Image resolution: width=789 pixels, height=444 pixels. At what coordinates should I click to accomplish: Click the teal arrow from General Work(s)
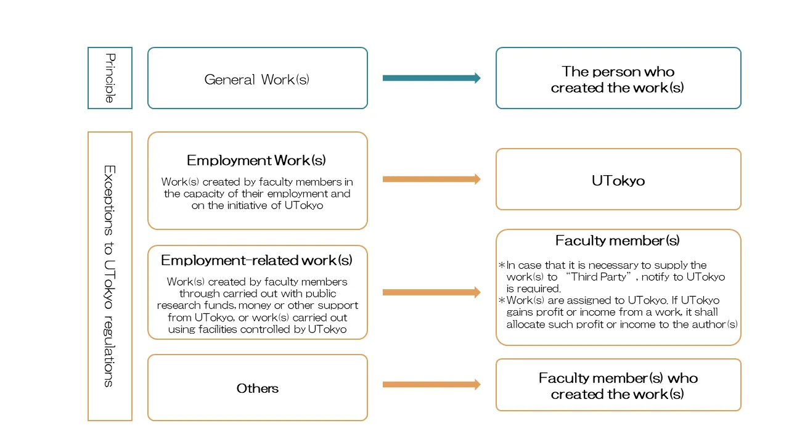[431, 78]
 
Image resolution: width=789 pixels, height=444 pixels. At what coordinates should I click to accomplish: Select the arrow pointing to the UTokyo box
[431, 179]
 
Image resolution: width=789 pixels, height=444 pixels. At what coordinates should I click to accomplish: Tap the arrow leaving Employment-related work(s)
[431, 292]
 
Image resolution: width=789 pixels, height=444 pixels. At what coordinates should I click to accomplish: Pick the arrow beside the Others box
[431, 385]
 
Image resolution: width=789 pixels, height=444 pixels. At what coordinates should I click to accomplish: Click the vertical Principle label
[110, 78]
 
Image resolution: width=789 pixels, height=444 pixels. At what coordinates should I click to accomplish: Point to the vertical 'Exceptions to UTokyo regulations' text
[109, 276]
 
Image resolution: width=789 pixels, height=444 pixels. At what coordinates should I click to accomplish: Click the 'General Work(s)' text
[257, 80]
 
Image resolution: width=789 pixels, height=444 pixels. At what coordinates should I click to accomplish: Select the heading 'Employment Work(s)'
[256, 160]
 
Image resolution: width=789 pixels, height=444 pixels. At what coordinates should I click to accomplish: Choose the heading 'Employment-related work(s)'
[256, 260]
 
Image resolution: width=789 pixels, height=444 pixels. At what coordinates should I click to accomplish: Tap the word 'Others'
[257, 388]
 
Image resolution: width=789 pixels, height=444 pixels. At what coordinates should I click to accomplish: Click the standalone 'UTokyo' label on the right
[618, 181]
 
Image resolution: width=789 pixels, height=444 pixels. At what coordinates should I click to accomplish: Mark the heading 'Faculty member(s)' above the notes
[617, 240]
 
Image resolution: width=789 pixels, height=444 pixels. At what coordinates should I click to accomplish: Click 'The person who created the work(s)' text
[618, 80]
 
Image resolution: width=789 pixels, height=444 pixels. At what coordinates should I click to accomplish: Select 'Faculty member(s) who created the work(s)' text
[618, 386]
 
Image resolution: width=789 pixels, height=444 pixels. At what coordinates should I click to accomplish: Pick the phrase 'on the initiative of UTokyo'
[257, 205]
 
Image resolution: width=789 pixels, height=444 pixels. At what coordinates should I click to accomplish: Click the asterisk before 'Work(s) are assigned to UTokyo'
[502, 301]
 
